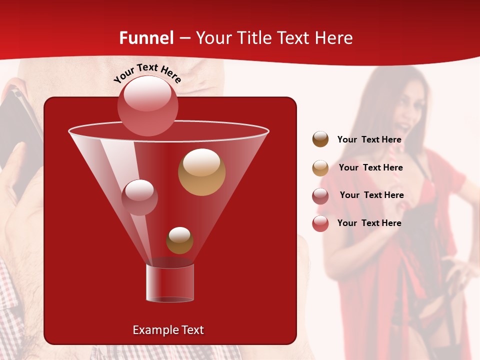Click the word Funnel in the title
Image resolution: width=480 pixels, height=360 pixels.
click(x=146, y=38)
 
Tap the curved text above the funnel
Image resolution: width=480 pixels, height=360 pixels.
click(x=147, y=73)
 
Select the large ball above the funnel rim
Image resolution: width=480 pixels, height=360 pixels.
click(x=147, y=105)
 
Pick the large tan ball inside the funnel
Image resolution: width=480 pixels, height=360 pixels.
click(x=201, y=172)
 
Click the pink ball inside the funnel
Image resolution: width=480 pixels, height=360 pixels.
click(x=139, y=197)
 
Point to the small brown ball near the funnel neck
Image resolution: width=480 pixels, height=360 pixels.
click(x=179, y=240)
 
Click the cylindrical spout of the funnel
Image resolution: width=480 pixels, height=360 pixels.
click(x=170, y=283)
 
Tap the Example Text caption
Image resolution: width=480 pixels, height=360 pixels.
click(x=168, y=330)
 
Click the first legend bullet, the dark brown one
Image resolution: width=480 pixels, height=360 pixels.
click(x=320, y=139)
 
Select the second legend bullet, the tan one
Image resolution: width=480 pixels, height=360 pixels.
click(x=320, y=168)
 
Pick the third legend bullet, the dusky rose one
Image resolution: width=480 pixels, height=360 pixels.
click(x=320, y=196)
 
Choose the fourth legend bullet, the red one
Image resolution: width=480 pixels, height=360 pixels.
click(x=320, y=223)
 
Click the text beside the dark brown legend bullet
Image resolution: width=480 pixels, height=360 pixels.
click(x=369, y=140)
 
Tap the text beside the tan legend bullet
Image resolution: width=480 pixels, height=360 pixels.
click(x=370, y=168)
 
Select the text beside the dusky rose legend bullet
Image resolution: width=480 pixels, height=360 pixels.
click(x=371, y=195)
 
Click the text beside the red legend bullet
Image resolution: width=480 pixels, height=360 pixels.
click(x=369, y=223)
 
